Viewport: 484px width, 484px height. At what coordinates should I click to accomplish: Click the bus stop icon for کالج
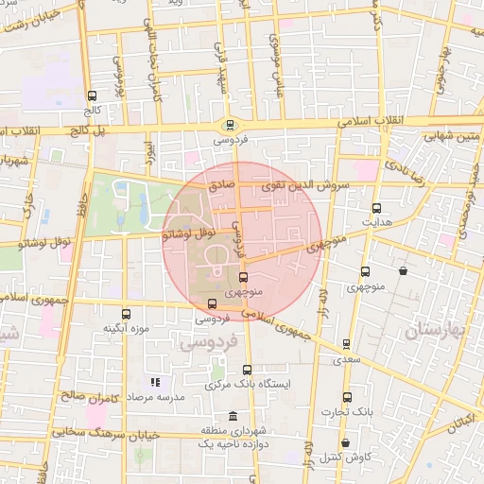[92, 95]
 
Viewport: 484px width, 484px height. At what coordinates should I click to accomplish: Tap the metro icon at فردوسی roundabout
[230, 124]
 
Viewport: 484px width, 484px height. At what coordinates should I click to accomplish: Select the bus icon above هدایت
[377, 207]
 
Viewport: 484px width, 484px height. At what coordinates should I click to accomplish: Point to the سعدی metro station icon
[346, 344]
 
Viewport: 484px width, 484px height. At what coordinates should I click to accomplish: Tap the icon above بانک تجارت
[347, 398]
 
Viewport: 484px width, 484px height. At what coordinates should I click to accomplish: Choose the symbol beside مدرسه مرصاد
[156, 383]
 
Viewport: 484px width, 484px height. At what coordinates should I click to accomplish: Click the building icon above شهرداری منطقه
[233, 417]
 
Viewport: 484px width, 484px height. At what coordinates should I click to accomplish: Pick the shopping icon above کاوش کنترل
[345, 442]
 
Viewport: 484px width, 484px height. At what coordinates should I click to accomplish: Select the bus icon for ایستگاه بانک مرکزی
[249, 370]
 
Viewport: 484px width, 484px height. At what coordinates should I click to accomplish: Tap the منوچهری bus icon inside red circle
[244, 278]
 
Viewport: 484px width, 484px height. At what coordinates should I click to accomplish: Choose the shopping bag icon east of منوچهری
[404, 271]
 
